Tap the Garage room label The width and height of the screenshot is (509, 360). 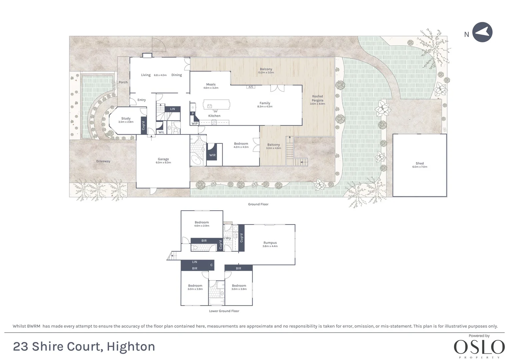(x=163, y=159)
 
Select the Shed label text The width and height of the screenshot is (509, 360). (x=420, y=163)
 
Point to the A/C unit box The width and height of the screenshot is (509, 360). (x=251, y=87)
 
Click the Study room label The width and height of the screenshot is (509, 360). (x=126, y=118)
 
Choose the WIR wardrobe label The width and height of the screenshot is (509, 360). (x=212, y=155)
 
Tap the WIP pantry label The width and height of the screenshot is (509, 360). (x=195, y=124)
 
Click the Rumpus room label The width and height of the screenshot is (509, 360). (x=270, y=243)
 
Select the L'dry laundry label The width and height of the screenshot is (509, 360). (x=227, y=238)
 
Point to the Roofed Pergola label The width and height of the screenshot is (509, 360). (x=317, y=98)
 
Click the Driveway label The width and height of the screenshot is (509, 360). (x=103, y=161)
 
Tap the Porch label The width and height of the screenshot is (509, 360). (x=123, y=82)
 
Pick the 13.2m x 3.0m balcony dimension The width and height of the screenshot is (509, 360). (x=266, y=73)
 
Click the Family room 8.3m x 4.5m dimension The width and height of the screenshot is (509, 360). (x=265, y=106)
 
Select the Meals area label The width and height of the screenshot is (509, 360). (x=211, y=84)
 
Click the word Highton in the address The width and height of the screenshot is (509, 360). (x=131, y=347)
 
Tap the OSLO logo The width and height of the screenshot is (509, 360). (x=479, y=347)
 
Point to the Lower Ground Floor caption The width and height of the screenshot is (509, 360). (x=224, y=311)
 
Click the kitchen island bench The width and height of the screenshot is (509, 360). (x=216, y=105)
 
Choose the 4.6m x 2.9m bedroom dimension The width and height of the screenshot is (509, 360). (x=202, y=226)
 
